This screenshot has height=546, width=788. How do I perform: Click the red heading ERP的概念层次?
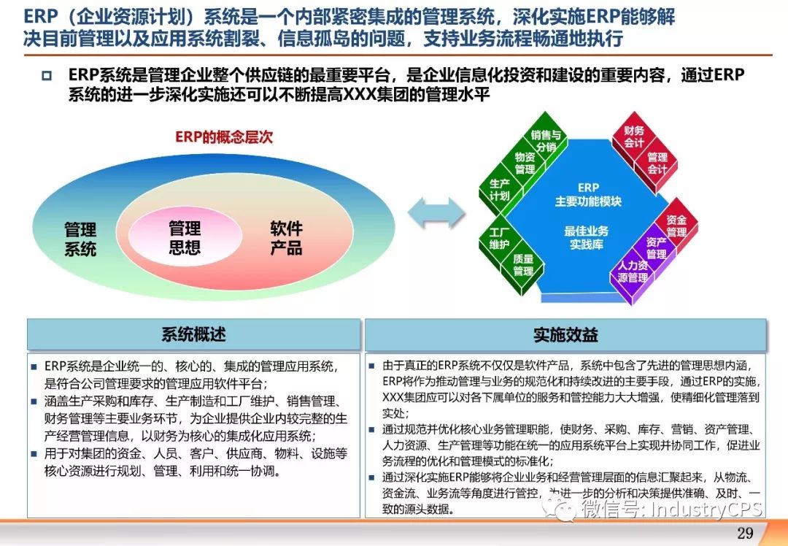(224, 136)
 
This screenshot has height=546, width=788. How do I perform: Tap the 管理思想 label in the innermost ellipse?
(185, 237)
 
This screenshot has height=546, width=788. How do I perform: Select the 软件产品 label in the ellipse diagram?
(287, 238)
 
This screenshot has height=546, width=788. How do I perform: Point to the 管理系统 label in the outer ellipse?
(80, 239)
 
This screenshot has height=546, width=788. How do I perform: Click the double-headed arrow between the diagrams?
(436, 212)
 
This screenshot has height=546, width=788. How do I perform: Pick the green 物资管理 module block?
(525, 163)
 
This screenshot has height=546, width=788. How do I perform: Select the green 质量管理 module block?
(522, 265)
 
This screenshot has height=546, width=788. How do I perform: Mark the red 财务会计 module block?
(634, 136)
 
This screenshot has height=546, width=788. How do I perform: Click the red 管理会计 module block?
(657, 164)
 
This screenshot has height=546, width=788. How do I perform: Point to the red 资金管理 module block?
(676, 226)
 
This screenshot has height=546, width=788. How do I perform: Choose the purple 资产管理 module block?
(657, 248)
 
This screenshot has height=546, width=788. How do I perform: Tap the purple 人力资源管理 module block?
(633, 272)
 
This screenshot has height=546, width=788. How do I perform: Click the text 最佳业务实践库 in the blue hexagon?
(587, 237)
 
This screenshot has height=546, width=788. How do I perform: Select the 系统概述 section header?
(194, 334)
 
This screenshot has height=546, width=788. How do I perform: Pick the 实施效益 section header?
(566, 334)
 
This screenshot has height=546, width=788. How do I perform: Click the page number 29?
(745, 533)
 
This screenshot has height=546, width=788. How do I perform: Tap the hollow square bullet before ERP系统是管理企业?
(47, 76)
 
